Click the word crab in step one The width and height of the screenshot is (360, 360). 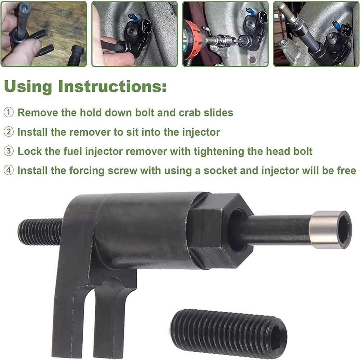click(190, 113)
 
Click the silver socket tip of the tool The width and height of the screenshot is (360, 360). click(330, 229)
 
